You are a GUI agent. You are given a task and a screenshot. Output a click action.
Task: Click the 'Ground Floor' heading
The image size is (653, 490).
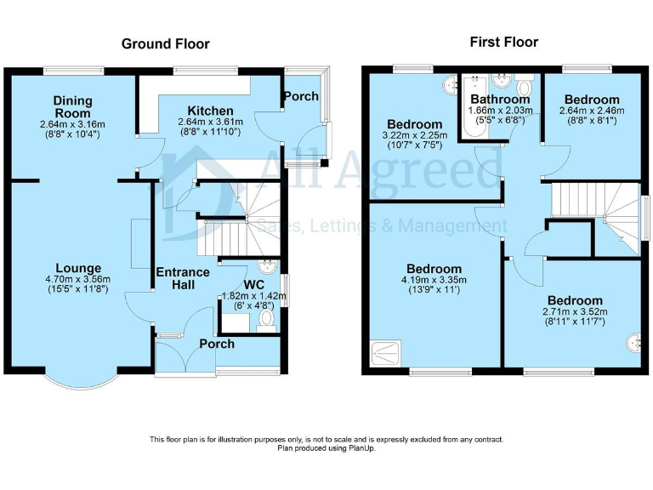(165, 43)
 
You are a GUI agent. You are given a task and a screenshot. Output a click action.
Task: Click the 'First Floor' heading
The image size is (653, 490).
(503, 42)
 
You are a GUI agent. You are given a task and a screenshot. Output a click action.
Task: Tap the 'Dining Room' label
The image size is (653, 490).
(72, 107)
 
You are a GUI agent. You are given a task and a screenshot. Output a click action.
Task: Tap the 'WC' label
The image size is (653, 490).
(254, 283)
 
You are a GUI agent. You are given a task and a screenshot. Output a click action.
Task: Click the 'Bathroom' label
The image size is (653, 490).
(501, 99)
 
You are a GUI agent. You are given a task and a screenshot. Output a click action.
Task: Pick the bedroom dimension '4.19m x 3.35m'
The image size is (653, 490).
(433, 280)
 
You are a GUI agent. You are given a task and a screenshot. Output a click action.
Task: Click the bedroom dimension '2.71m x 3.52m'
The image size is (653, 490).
(575, 312)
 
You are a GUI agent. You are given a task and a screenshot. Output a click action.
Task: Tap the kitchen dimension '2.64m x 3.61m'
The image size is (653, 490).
(210, 122)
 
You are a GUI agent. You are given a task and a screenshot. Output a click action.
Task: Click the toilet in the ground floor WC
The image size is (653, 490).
(266, 320)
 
